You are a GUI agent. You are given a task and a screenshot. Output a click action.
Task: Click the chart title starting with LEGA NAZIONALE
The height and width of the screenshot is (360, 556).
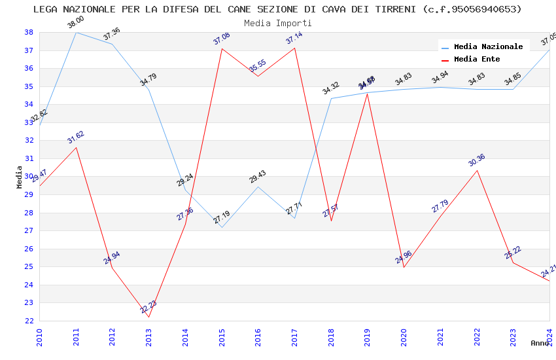[277, 9]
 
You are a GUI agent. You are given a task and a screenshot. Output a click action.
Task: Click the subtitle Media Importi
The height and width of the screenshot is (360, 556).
[277, 23]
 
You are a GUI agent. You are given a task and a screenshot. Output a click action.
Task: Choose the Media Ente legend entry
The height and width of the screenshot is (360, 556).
[477, 60]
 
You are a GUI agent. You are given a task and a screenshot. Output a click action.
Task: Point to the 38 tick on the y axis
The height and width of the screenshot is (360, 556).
[29, 32]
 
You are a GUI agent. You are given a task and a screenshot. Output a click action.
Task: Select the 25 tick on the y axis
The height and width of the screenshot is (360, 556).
[29, 267]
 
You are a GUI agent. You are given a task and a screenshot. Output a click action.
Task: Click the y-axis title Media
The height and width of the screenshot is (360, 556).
[20, 177]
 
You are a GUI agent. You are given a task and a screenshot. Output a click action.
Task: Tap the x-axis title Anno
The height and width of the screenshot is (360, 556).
[540, 343]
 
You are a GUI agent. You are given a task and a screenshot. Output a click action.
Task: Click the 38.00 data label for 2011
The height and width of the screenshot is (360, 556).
[76, 24]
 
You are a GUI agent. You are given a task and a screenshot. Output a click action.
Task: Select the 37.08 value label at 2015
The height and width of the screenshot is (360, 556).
[222, 39]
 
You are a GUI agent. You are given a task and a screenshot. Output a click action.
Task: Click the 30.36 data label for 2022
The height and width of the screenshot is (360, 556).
[477, 160]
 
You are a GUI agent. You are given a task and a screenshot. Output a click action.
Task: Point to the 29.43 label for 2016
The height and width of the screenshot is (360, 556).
[258, 177]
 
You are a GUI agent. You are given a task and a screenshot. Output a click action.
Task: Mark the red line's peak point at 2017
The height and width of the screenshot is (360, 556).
[294, 48]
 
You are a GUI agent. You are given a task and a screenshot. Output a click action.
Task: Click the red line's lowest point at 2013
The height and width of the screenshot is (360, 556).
[149, 317]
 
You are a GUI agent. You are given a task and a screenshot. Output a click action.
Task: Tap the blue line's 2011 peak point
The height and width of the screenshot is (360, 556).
[77, 32]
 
